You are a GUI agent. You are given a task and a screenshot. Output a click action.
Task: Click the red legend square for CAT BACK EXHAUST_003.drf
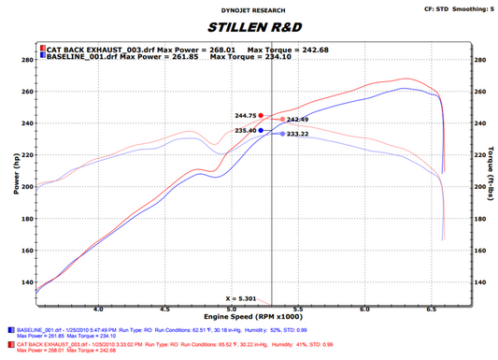click(x=42, y=49)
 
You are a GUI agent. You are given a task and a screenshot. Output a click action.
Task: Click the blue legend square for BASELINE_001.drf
click(x=42, y=56)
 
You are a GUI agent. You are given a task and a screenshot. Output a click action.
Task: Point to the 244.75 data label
click(x=246, y=117)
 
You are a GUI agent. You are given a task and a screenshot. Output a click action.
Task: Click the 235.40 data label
click(x=246, y=131)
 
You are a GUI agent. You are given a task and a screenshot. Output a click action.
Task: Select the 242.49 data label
click(x=298, y=120)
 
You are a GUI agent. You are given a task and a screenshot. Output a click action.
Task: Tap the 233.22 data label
click(x=298, y=134)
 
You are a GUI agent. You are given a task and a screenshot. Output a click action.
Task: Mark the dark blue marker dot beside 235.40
click(x=262, y=131)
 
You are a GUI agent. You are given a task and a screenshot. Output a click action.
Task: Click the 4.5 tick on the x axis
click(x=164, y=307)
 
